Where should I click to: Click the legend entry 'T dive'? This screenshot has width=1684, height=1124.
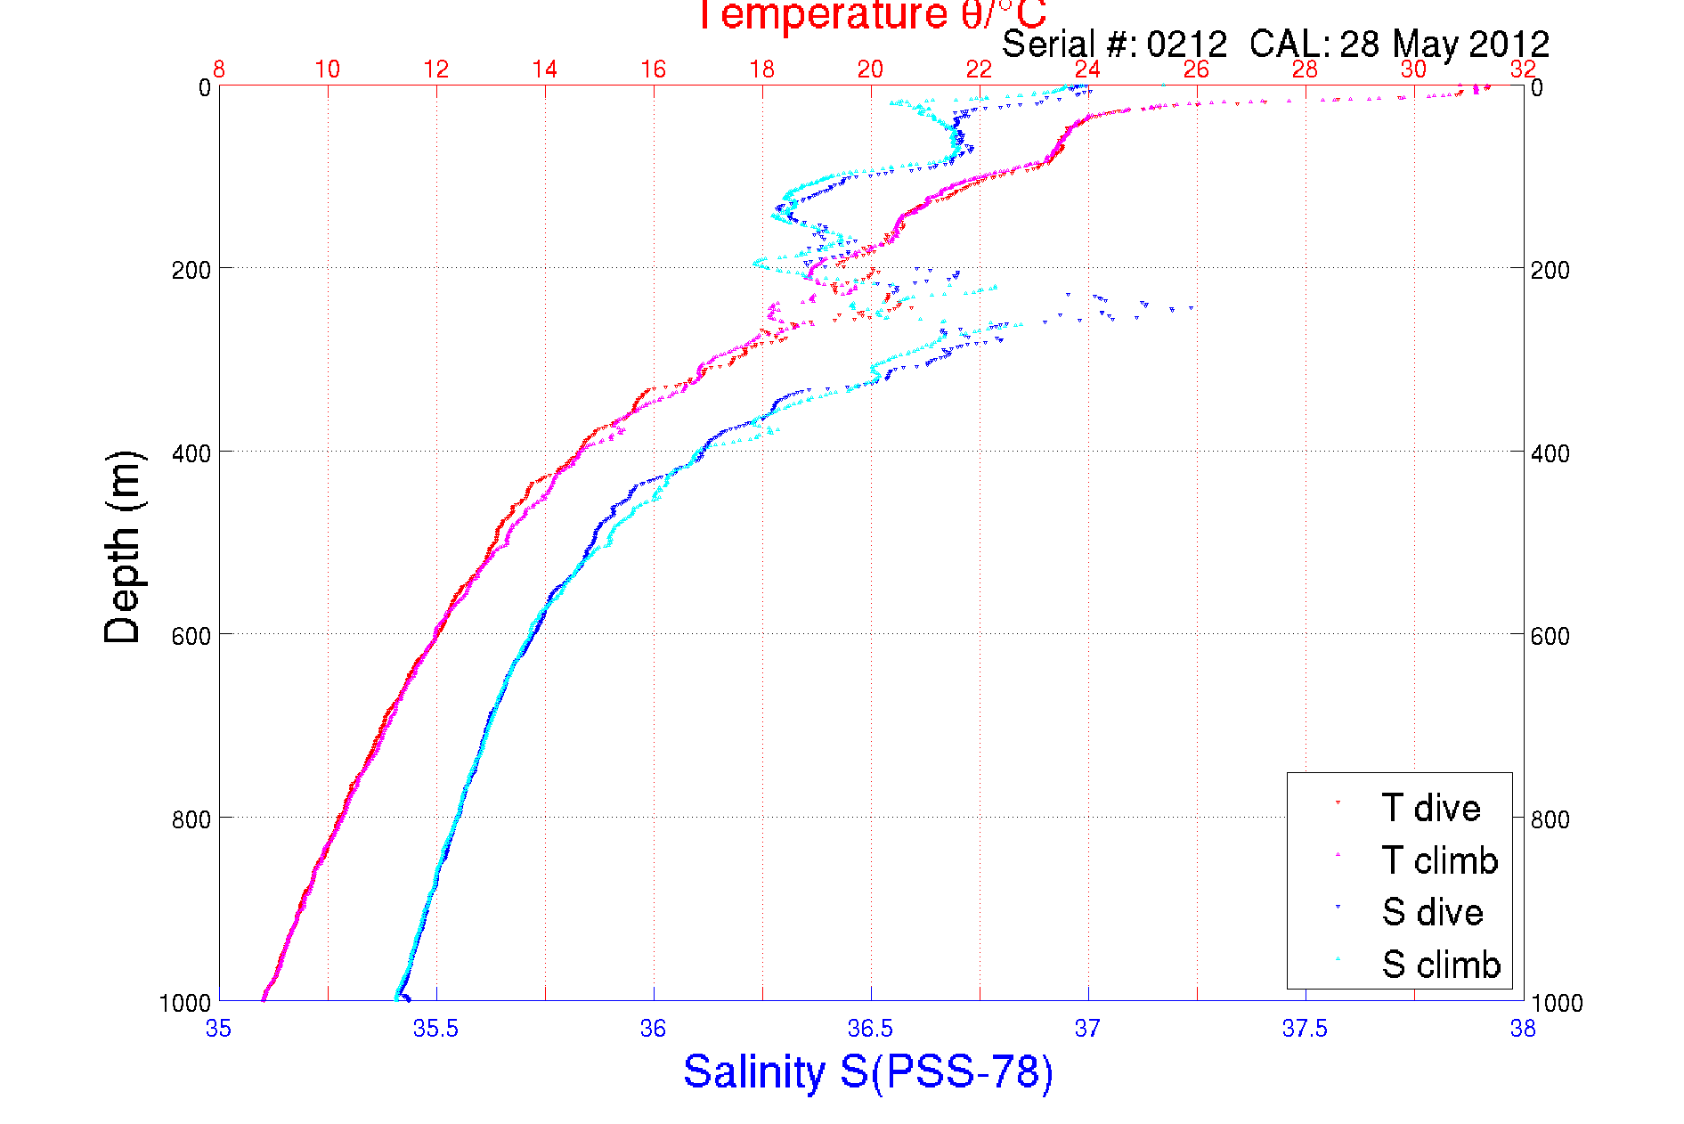1430,808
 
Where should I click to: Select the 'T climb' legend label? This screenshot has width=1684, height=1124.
1439,860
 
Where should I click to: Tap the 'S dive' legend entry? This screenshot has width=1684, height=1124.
1432,912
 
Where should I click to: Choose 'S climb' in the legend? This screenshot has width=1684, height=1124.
1441,965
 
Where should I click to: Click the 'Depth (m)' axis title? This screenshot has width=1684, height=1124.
123,547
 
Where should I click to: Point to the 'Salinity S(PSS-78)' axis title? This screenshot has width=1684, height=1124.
868,1071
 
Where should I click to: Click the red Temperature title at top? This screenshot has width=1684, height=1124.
870,15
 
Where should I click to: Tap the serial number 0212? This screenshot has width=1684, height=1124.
1186,44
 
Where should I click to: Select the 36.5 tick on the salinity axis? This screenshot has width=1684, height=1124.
870,1029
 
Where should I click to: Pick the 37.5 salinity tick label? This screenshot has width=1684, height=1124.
1305,1029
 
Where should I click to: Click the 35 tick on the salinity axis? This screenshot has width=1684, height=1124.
218,1029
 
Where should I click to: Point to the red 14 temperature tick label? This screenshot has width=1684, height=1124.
544,69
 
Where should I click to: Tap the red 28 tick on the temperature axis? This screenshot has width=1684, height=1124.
1305,69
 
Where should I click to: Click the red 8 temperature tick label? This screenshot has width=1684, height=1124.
219,69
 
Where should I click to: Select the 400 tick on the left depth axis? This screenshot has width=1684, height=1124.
191,453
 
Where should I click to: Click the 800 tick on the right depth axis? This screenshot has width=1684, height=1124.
1550,819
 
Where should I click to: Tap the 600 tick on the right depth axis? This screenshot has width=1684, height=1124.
1550,636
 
